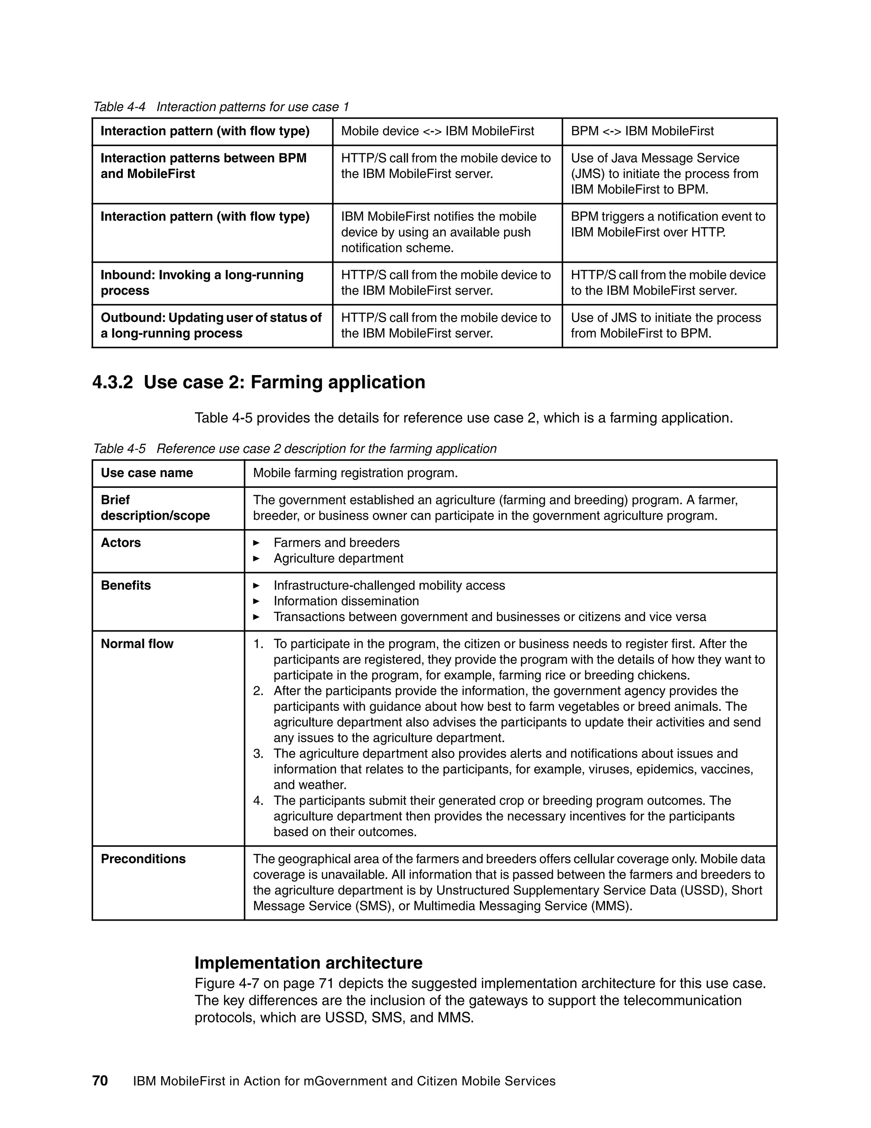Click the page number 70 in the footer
pos(100,1081)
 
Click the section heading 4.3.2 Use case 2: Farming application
pos(259,382)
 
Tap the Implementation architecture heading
pos(308,963)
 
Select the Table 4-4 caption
pos(221,107)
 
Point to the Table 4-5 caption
pos(294,448)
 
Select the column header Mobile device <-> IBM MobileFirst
pos(437,131)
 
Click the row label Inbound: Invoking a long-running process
pos(202,283)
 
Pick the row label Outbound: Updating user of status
pos(211,325)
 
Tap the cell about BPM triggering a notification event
pos(668,224)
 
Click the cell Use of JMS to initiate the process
pos(666,325)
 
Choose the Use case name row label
pos(147,473)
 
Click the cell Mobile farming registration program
pos(355,473)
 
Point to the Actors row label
pos(121,543)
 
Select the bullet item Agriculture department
pos(338,558)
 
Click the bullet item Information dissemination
pos(346,601)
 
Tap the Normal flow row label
pos(137,644)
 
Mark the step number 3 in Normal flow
pos(258,753)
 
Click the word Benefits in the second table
pos(126,586)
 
